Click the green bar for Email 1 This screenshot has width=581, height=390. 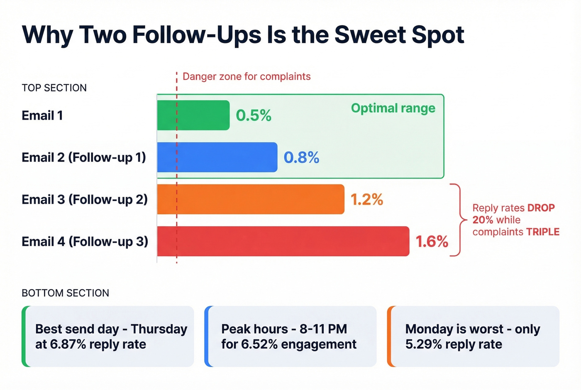coord(193,115)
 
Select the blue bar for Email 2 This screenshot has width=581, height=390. coord(217,157)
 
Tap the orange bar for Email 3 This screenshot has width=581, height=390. coord(251,199)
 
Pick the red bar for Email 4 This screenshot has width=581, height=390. coord(283,241)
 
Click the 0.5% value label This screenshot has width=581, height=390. coord(254,115)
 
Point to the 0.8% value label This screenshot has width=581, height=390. coord(301,157)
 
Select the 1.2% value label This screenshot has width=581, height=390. coord(367,200)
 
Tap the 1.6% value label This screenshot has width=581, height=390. coord(432,242)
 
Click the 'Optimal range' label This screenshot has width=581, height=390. coord(393,108)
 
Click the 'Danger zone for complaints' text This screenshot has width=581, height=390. coord(247,77)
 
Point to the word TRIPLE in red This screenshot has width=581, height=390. coord(543,232)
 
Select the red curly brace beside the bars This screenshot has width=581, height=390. coord(458,220)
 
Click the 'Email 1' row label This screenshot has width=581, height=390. coord(42,115)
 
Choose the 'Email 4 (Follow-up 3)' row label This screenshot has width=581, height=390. coord(85,242)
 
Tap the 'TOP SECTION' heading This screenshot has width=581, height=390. coord(54,88)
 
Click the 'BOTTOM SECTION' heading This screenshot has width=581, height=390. coord(65,293)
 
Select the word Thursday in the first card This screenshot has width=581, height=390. coord(159,329)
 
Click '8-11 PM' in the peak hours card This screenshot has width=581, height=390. coord(323,329)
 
